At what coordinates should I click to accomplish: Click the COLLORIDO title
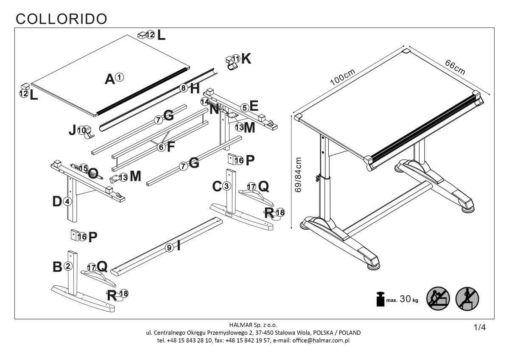point(61,18)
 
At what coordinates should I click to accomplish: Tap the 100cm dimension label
point(343,77)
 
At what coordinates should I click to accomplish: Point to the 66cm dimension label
point(455,67)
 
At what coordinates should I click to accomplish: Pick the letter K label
point(246,59)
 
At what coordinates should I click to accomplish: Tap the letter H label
point(195,89)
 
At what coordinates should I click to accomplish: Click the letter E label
point(254,106)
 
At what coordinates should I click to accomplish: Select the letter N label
point(215,109)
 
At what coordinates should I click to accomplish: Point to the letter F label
point(171,147)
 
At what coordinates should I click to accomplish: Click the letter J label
point(73,130)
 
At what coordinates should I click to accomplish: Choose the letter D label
point(57,202)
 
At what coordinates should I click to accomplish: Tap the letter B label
point(57,267)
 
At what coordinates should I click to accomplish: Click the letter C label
point(217,186)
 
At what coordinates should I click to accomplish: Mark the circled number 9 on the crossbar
point(169,248)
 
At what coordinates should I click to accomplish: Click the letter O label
point(93,173)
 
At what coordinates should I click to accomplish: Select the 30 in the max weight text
point(406,299)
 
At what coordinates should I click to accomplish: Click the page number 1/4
point(479,327)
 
